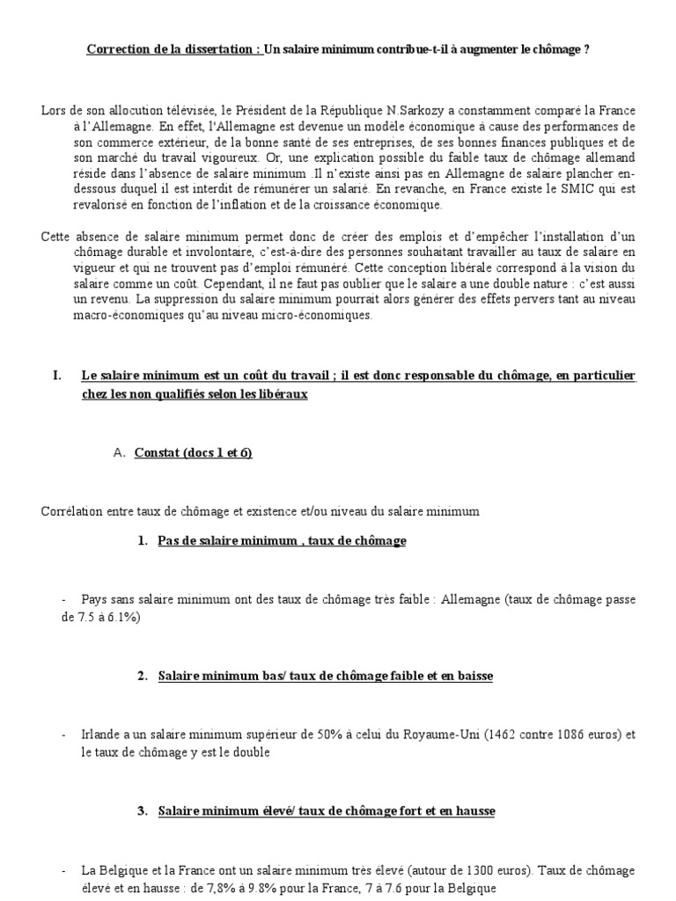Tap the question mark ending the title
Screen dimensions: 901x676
(586, 49)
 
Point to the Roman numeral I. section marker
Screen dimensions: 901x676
(57, 376)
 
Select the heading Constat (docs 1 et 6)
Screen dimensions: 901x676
(193, 453)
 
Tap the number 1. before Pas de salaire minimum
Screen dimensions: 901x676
(143, 541)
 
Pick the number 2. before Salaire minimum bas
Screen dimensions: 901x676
(143, 677)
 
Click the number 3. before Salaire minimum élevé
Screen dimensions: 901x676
(143, 811)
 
